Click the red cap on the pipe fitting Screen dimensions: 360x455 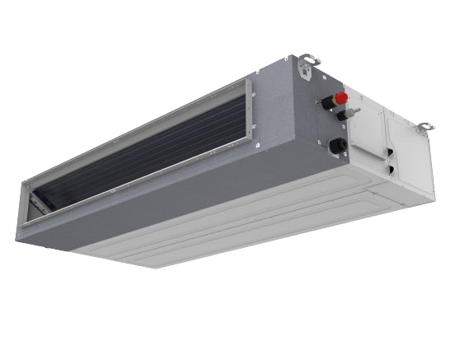[x=341, y=98]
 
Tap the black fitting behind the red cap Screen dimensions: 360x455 [x=327, y=103]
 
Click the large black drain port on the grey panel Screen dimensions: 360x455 [x=337, y=147]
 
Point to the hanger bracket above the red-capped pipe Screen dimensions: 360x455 [x=310, y=62]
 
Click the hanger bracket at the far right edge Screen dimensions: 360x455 [x=424, y=129]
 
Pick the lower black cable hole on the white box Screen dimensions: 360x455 [x=391, y=170]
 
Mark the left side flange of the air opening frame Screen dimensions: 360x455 [x=25, y=202]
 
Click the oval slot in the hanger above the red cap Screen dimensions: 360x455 [x=307, y=58]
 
